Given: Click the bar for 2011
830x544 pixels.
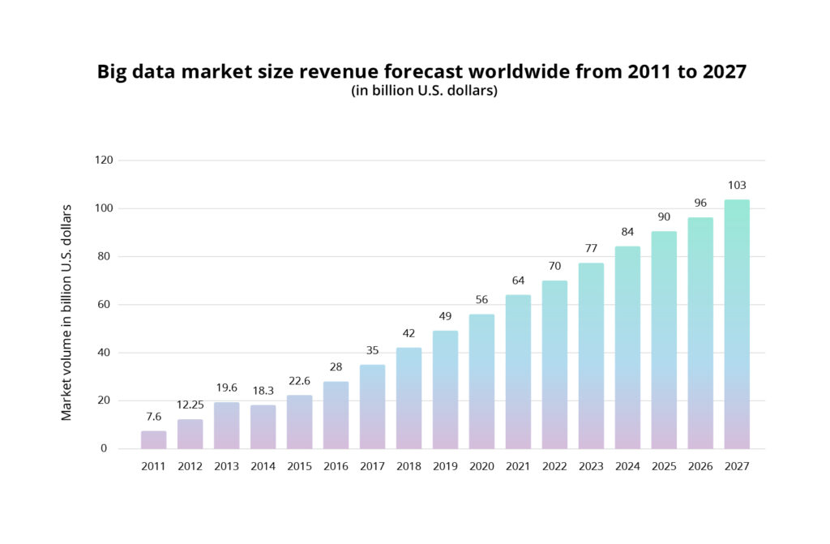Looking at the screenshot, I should click(153, 439).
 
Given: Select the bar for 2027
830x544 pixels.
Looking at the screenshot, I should click(737, 324).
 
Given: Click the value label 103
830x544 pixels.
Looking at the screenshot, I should click(737, 185).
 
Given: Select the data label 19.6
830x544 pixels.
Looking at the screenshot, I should click(226, 388).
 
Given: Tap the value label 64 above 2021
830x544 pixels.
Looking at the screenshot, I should click(518, 281).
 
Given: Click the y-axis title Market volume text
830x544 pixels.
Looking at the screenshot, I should click(66, 312).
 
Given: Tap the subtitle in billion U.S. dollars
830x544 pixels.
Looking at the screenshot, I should click(424, 92).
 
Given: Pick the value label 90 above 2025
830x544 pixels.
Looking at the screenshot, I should click(664, 216).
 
